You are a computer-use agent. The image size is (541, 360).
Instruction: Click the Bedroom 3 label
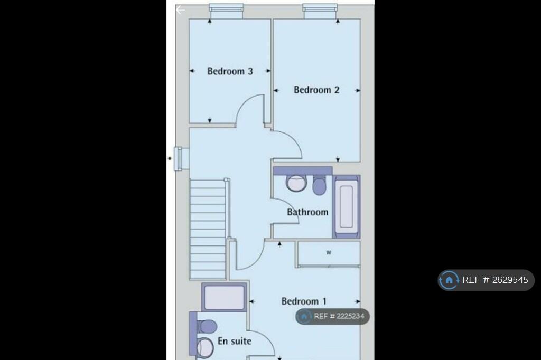click(x=230, y=71)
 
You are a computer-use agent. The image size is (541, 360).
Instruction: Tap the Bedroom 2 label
click(x=316, y=90)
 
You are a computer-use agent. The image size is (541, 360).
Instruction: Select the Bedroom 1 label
click(x=304, y=301)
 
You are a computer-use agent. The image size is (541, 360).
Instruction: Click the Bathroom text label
click(x=307, y=212)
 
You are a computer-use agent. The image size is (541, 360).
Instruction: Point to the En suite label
click(x=235, y=341)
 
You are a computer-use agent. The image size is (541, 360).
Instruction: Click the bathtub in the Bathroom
click(x=346, y=206)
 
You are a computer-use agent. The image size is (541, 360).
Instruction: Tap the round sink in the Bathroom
click(x=296, y=183)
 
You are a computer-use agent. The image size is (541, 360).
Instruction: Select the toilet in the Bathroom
click(x=319, y=185)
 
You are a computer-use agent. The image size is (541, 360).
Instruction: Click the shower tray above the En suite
click(x=224, y=297)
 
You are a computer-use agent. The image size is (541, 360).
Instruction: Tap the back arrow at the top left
click(x=181, y=10)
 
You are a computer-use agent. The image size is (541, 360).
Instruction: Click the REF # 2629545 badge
click(x=486, y=280)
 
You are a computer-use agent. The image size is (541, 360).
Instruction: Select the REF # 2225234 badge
click(x=332, y=316)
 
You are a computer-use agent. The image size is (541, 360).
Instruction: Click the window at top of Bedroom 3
click(x=226, y=8)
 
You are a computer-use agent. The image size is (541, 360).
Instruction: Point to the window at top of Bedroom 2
click(x=320, y=8)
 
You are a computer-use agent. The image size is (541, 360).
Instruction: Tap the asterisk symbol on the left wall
click(x=170, y=159)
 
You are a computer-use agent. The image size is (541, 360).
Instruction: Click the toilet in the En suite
click(x=206, y=326)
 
